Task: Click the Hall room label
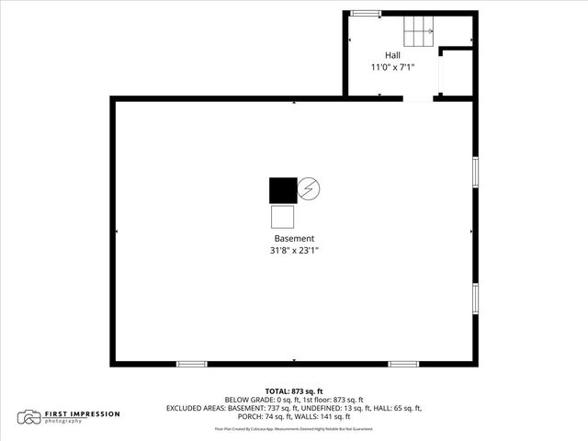click(392, 55)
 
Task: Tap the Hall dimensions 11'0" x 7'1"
click(392, 67)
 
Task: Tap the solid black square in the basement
click(282, 189)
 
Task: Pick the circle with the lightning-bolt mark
click(309, 189)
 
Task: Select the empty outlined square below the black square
click(282, 218)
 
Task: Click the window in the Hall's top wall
click(366, 13)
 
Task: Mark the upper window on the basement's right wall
click(475, 171)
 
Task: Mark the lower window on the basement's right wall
click(475, 298)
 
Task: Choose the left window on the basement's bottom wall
click(191, 364)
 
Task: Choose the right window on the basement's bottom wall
click(403, 364)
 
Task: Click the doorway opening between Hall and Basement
click(419, 97)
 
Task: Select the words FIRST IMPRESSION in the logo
click(83, 413)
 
